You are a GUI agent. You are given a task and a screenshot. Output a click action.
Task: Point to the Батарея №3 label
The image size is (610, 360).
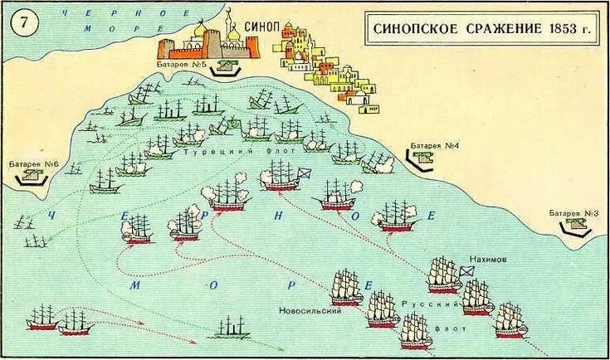coord(573,214)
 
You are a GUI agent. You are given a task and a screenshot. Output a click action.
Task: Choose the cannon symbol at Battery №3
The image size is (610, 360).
coord(573,226)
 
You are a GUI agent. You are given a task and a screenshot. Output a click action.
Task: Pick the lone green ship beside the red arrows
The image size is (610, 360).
coord(232,328)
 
